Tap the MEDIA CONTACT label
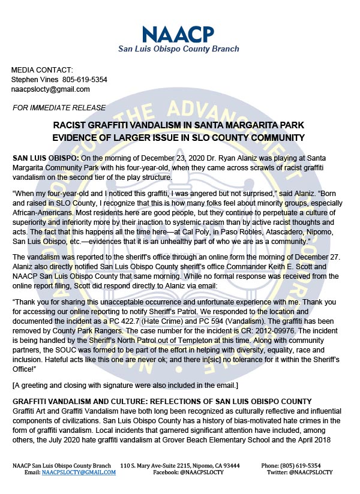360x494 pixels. point(42,70)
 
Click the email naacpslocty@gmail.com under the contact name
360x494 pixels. point(50,89)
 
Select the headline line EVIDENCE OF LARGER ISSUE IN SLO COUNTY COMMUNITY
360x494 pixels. point(179,138)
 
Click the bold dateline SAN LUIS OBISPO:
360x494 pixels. point(43,156)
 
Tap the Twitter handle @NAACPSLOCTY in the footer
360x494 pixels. point(311,472)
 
